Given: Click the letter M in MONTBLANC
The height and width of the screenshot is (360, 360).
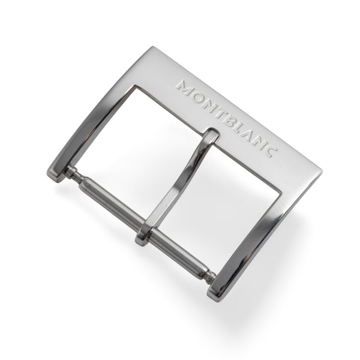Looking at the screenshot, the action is (185, 88).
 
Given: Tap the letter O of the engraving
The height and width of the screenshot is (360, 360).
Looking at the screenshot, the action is (199, 99).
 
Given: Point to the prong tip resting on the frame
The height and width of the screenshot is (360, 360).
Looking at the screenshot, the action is (212, 134).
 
